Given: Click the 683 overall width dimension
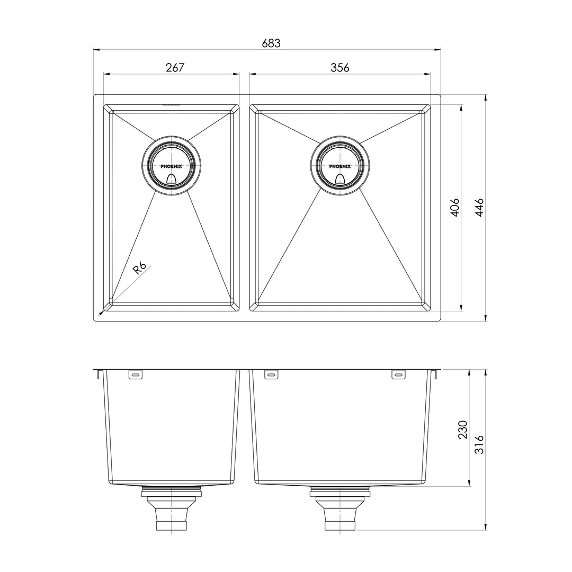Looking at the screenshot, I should click(x=271, y=43).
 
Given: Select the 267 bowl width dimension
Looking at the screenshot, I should click(x=174, y=67).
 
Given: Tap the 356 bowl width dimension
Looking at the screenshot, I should click(x=339, y=67).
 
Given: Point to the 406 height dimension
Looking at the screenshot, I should click(x=454, y=208).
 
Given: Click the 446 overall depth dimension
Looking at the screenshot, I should click(x=479, y=208).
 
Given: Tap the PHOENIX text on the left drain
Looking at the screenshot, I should click(x=171, y=166).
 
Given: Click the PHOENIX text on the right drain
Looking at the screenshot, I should click(x=339, y=166).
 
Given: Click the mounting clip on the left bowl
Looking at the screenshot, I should click(x=135, y=375).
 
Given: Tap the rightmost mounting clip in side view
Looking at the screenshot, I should click(x=398, y=375).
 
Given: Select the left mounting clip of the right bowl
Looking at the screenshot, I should click(x=271, y=375).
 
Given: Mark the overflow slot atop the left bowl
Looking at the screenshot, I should click(x=171, y=104).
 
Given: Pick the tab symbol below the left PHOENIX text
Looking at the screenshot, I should click(x=171, y=179).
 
